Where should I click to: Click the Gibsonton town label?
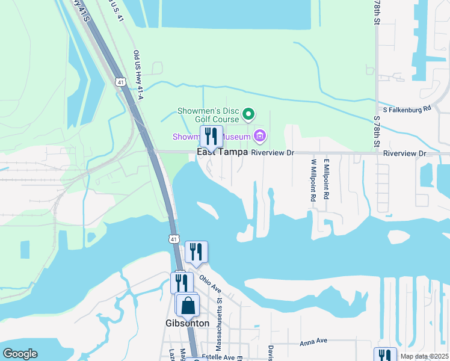186,323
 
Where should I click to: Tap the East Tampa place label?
223,153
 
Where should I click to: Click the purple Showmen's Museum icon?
260,137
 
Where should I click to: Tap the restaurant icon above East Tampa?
211,135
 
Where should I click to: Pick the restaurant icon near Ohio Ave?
196,251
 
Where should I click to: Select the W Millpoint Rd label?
313,179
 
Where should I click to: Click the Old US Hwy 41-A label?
138,75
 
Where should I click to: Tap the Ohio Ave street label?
211,283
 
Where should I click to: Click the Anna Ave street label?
313,341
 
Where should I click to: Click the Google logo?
20,354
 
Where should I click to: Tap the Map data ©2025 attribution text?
424,356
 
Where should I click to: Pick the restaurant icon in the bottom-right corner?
384,354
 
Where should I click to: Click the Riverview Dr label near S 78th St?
404,154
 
